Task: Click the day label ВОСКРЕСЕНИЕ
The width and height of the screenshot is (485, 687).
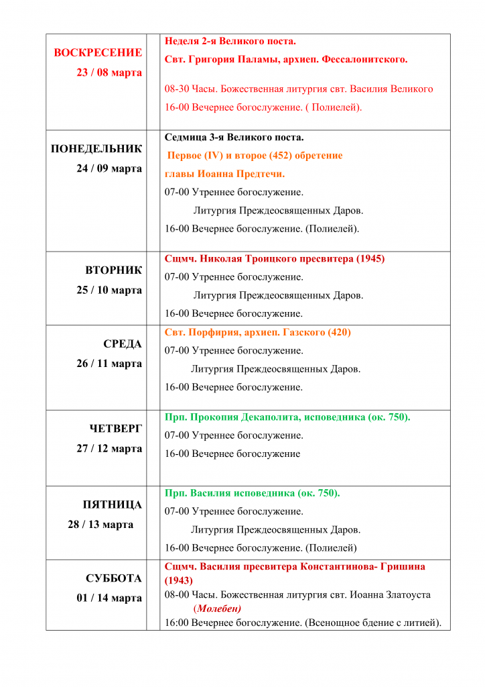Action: tap(98, 53)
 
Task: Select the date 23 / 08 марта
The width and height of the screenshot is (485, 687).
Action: tap(109, 72)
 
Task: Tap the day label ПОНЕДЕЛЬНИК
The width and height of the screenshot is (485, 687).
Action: tap(96, 149)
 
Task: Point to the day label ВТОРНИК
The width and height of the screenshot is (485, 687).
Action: tap(113, 270)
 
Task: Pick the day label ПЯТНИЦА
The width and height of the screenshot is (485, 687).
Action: tap(112, 505)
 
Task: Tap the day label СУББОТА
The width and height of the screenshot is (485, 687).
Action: tap(113, 578)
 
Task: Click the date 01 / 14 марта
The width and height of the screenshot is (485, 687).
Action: tap(109, 598)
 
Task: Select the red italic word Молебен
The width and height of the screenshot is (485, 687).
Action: tap(217, 609)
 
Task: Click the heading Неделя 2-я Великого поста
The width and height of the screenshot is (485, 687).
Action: tap(230, 42)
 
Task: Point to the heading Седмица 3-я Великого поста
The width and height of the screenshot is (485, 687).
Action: tap(234, 138)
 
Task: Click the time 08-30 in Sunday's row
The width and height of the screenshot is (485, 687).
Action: tap(177, 89)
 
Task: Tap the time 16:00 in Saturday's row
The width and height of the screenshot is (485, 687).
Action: tap(177, 623)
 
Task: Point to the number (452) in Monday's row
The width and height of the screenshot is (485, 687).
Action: tap(281, 156)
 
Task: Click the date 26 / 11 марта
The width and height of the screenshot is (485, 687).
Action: tap(109, 364)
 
